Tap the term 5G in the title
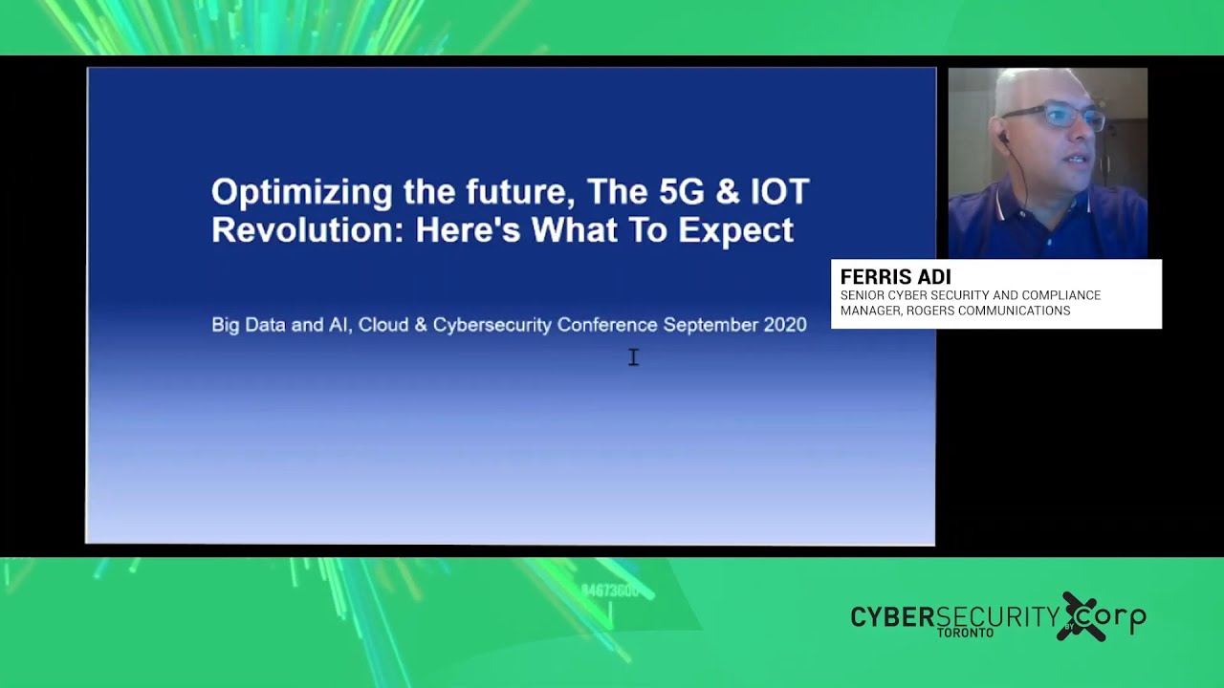682,191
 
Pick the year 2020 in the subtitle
785,325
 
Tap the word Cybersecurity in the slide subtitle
492,325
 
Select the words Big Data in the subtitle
248,325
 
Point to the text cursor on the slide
633,356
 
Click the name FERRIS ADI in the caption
895,277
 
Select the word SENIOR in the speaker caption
862,295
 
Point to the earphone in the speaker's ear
1002,139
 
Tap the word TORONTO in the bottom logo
965,633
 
